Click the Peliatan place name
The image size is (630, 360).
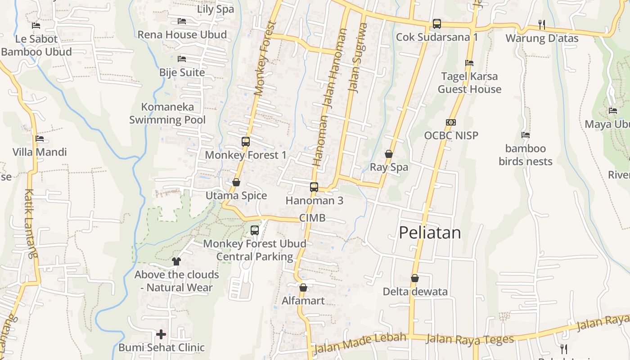click(x=430, y=233)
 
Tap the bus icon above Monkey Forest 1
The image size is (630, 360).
click(x=246, y=142)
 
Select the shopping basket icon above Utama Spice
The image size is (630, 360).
click(x=236, y=182)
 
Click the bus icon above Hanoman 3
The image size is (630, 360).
click(x=314, y=187)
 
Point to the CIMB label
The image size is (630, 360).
click(x=312, y=218)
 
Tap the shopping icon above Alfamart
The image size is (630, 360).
click(x=303, y=288)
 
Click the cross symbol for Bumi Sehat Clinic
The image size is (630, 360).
click(x=161, y=334)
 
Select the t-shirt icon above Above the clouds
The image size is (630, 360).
click(x=176, y=261)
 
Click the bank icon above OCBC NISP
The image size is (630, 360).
click(x=451, y=122)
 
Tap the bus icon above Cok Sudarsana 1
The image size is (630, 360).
click(x=436, y=24)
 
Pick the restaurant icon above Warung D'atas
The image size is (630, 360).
click(x=542, y=25)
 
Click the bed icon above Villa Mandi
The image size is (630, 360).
click(x=40, y=139)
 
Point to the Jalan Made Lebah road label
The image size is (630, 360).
click(x=360, y=342)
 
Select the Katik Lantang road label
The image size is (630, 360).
click(x=30, y=223)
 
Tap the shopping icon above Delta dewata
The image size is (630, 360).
click(x=415, y=279)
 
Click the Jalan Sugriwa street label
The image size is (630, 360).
click(x=358, y=58)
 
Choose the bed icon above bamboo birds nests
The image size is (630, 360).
click(x=525, y=135)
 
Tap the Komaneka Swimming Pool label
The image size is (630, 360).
click(x=167, y=113)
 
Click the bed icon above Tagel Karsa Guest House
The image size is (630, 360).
click(x=469, y=63)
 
